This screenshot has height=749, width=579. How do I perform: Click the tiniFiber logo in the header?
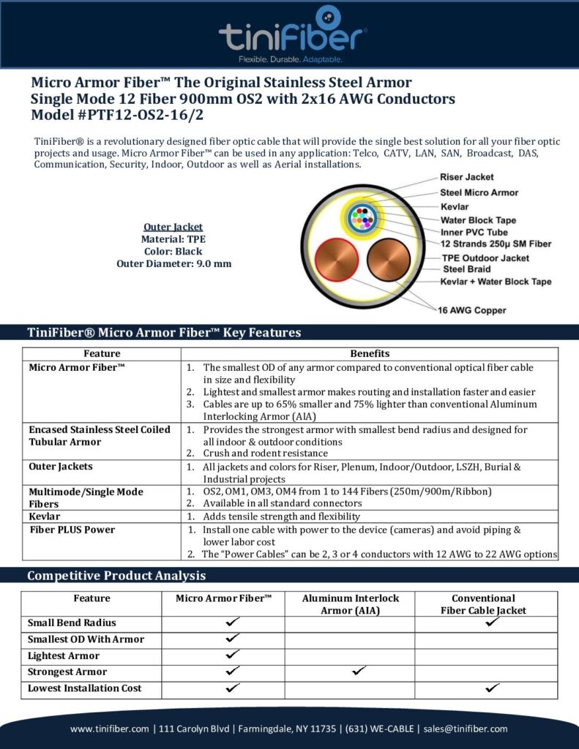pyautogui.click(x=292, y=33)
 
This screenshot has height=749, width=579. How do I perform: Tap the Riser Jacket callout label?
pyautogui.click(x=466, y=177)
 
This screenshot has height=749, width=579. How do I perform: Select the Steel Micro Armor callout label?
pyautogui.click(x=479, y=192)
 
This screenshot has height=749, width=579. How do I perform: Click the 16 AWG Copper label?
pyautogui.click(x=473, y=309)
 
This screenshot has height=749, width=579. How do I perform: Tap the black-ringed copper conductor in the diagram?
pyautogui.click(x=387, y=264)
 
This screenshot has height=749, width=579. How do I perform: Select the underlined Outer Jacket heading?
pyautogui.click(x=173, y=227)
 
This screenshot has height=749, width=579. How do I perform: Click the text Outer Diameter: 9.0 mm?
pyautogui.click(x=173, y=263)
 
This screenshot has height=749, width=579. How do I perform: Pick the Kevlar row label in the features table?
pyautogui.click(x=44, y=516)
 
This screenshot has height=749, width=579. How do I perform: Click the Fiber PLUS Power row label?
pyautogui.click(x=72, y=529)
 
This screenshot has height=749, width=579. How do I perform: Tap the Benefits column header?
pyautogui.click(x=370, y=354)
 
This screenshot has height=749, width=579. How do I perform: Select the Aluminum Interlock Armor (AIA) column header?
pyautogui.click(x=351, y=604)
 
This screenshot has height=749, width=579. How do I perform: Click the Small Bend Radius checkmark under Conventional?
pyautogui.click(x=493, y=622)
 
